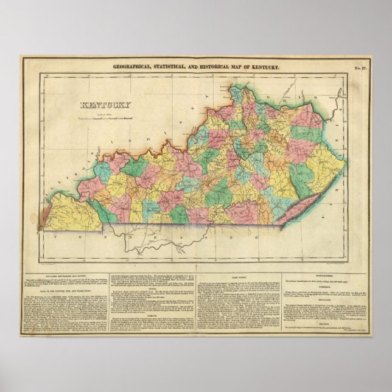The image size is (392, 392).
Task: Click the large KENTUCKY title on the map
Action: coord(104,105)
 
